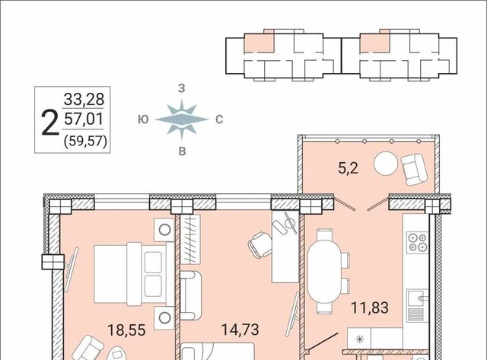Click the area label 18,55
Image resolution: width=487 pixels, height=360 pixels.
point(126,330)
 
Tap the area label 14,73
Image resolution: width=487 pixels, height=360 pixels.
point(240,330)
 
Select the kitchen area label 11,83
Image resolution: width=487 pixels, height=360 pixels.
point(370,307)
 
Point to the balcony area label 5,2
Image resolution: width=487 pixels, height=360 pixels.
point(349,168)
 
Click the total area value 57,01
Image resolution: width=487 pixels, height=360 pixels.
point(84,119)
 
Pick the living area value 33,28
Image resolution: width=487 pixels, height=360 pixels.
point(84,100)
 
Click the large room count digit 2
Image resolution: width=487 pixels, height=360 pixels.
point(50,123)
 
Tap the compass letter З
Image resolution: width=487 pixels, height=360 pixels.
point(181,88)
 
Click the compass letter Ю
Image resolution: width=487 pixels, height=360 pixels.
point(143,119)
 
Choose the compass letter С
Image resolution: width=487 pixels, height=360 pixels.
point(219,119)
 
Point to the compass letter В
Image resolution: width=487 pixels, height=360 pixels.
point(183,151)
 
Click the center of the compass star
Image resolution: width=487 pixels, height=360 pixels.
point(182,119)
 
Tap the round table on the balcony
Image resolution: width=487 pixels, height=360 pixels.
point(386,163)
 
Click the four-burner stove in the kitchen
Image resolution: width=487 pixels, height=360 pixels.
point(418,242)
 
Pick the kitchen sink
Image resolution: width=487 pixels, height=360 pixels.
point(418,298)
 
